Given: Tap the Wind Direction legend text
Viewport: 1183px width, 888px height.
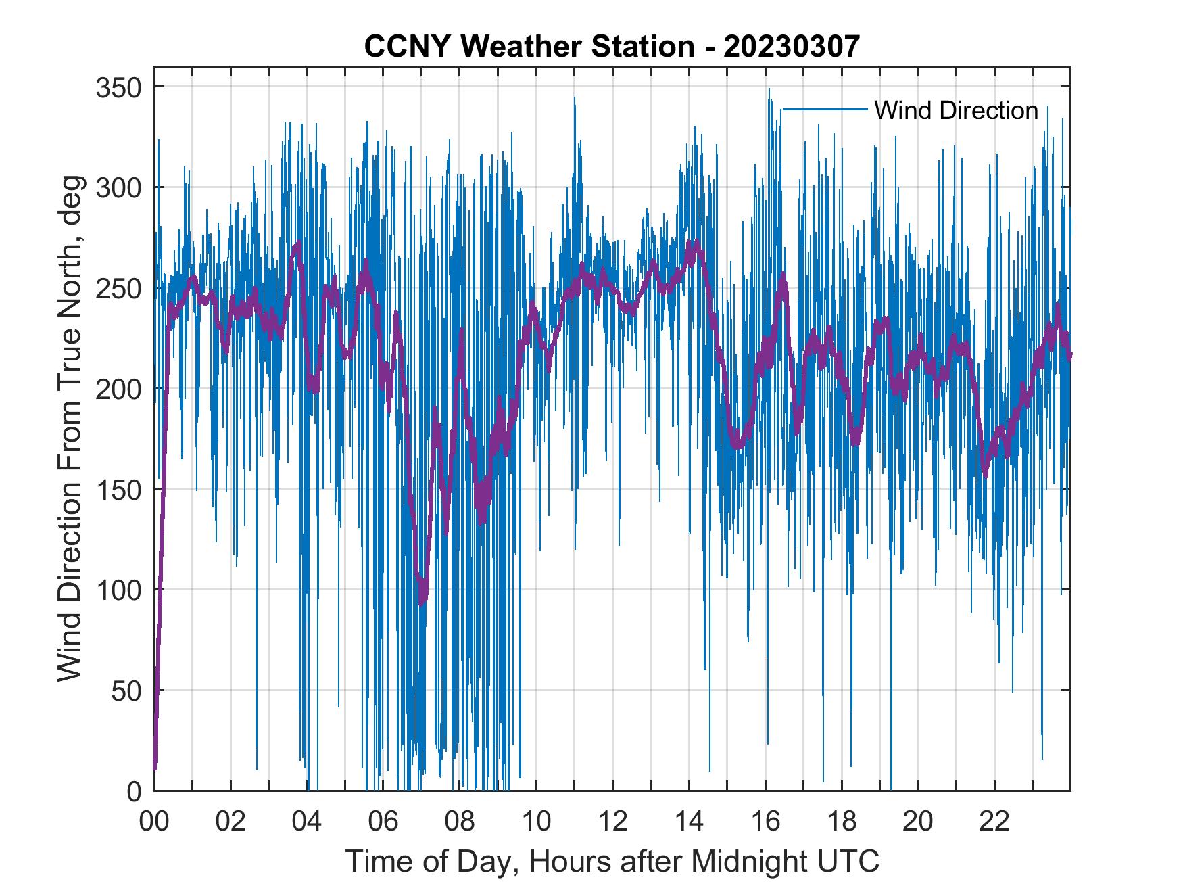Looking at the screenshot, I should (x=956, y=110).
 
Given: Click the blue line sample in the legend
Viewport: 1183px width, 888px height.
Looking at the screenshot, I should (x=825, y=109).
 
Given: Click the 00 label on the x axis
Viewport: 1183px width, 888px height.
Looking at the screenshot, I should (x=154, y=822).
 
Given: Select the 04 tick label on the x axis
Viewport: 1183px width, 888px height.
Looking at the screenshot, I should (x=307, y=822).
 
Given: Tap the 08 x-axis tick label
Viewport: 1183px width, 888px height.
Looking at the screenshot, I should (x=460, y=822).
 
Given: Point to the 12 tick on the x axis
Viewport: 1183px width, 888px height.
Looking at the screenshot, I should (x=612, y=822).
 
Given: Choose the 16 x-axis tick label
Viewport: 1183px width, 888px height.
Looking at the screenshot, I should (x=765, y=822).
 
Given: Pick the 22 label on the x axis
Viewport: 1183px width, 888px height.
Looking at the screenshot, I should (x=994, y=822).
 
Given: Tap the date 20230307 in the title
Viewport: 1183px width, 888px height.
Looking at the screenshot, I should (x=791, y=46).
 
